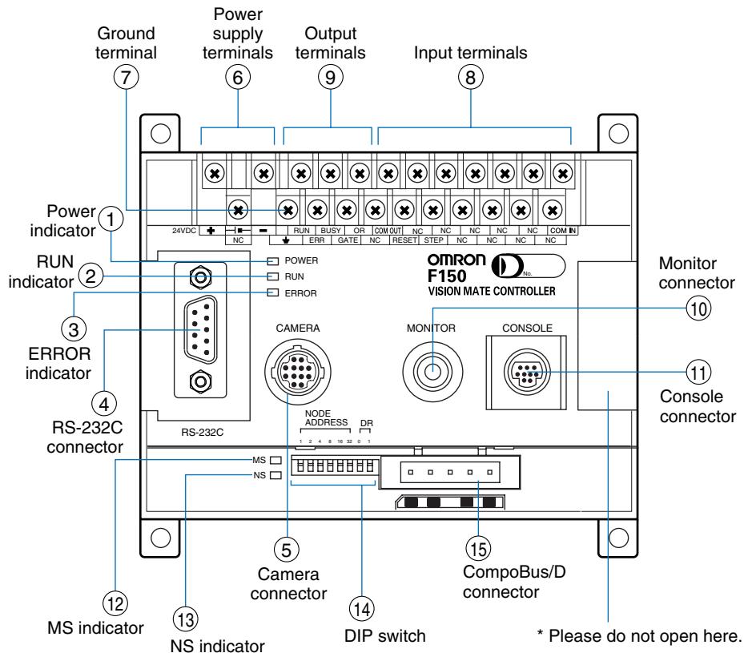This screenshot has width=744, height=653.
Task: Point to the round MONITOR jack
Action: coord(430,371)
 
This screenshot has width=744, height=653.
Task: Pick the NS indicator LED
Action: coord(275,475)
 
